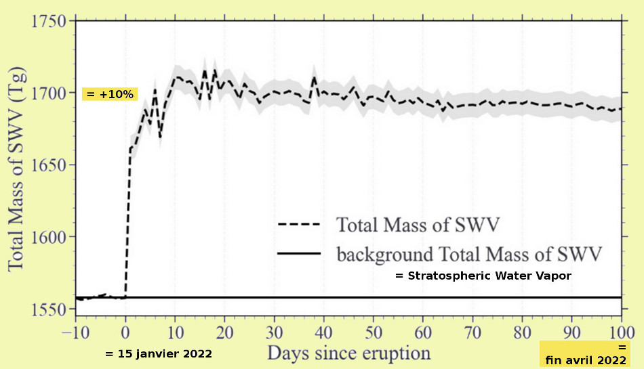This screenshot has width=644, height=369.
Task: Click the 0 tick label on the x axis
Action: tap(125, 332)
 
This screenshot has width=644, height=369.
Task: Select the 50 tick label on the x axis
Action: tap(374, 332)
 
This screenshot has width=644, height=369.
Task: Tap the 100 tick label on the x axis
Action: tap(621, 332)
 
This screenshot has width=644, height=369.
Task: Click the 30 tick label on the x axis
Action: tap(275, 332)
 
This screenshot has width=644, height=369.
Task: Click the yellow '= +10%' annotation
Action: tap(110, 94)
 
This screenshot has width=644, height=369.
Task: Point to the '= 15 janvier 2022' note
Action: tap(159, 354)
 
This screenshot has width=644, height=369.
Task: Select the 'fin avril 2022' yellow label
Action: tap(586, 360)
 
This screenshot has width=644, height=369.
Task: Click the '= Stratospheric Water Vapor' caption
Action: tap(483, 276)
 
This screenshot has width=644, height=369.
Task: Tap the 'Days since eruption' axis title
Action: tap(348, 353)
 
